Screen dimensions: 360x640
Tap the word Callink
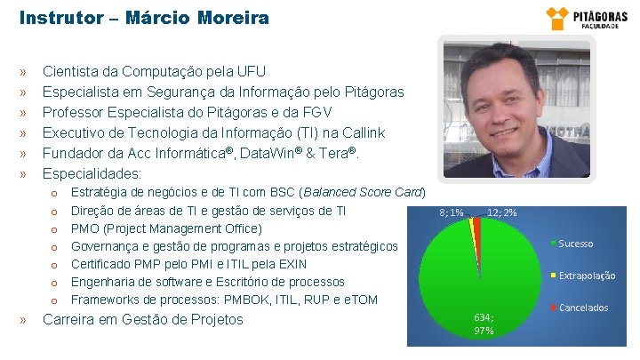(363, 132)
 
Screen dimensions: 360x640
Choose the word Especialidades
(92, 173)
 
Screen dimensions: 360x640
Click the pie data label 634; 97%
(484, 323)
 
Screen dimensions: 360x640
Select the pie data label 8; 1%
(452, 212)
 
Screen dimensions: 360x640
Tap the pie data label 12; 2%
(502, 212)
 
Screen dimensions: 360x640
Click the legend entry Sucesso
(575, 244)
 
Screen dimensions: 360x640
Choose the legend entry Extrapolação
(586, 276)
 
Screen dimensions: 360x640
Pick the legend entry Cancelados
(583, 308)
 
